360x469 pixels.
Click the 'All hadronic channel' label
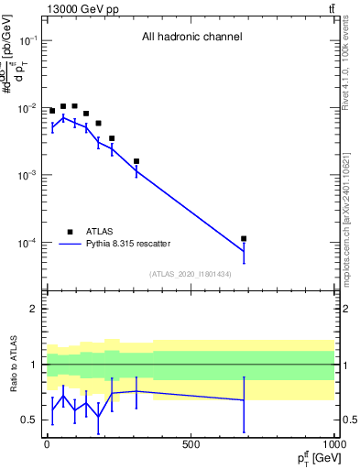click(191, 38)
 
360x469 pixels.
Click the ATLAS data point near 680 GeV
click(244, 238)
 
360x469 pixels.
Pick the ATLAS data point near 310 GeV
click(136, 161)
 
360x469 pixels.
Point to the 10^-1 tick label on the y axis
click(27, 41)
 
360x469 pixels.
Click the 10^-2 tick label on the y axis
click(27, 109)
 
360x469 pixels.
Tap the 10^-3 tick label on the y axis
click(27, 176)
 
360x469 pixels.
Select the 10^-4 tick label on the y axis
click(27, 244)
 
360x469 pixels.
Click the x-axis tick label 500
click(191, 444)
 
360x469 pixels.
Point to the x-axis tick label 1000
click(333, 444)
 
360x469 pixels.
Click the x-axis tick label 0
click(47, 444)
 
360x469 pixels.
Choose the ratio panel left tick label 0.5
click(29, 420)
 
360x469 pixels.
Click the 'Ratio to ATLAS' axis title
click(14, 365)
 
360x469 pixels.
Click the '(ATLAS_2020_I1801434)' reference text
click(191, 274)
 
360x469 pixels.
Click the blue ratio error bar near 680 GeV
click(244, 404)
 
